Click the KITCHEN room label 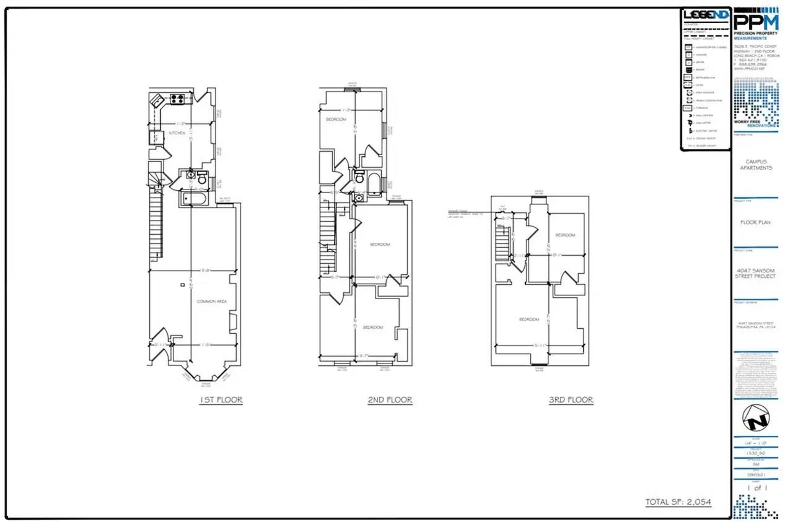[178, 133]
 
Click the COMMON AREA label [211, 301]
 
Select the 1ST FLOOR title [221, 400]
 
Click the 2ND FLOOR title [390, 400]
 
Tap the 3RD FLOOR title [571, 400]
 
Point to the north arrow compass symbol [755, 422]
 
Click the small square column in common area [182, 285]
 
